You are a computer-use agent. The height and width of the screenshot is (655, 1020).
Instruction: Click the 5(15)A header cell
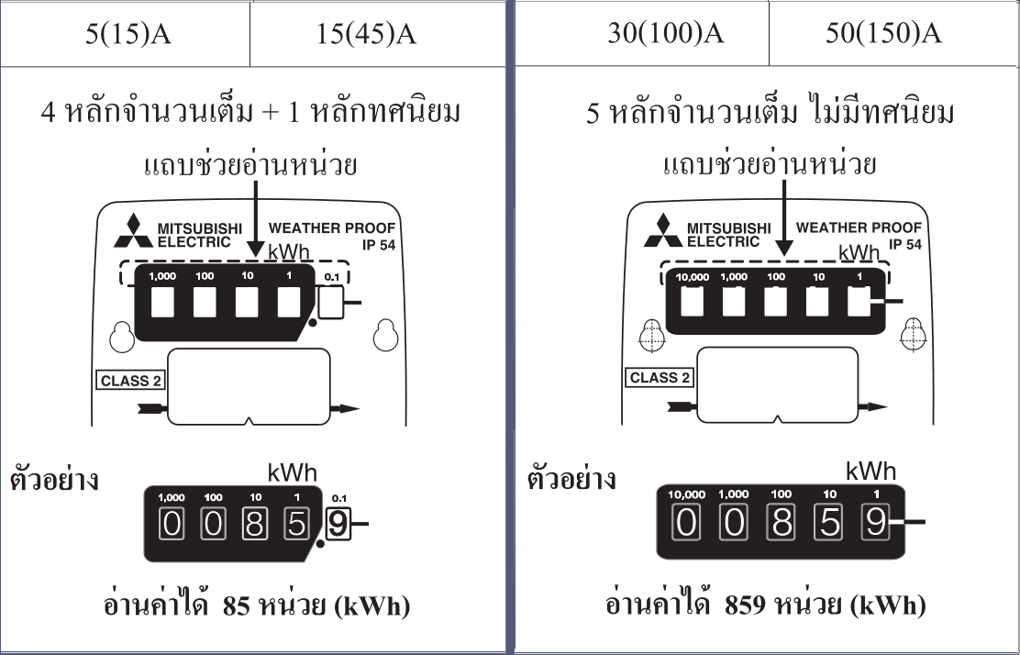point(125,35)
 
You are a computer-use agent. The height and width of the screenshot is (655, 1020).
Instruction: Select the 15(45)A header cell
point(366,35)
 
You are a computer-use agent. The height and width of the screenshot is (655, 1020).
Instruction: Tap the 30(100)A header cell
point(665,34)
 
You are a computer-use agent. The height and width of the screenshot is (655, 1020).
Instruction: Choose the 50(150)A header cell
point(882,34)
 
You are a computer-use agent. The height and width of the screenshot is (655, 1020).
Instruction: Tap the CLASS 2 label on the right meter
point(660,377)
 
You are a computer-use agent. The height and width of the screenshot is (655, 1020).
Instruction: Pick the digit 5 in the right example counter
point(829,523)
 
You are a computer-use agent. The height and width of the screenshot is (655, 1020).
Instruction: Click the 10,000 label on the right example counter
point(687,494)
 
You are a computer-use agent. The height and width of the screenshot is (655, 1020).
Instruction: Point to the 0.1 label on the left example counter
point(339,498)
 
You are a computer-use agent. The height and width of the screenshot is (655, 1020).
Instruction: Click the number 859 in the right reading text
point(745,605)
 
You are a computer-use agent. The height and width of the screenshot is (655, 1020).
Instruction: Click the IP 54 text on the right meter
point(905,244)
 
